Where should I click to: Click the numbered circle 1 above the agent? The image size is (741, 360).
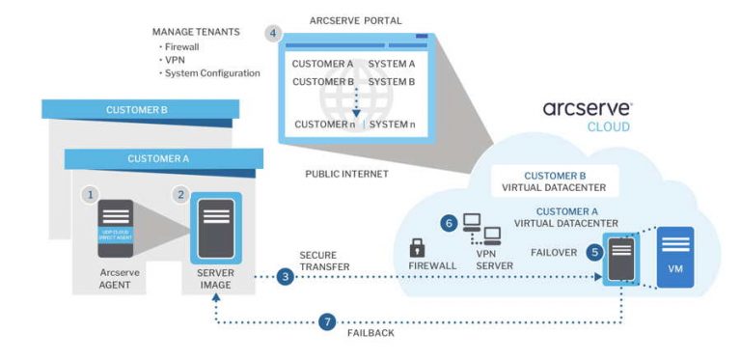point(91,194)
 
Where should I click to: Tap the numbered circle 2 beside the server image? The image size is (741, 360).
point(180,194)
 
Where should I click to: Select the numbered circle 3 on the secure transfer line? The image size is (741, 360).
point(285,277)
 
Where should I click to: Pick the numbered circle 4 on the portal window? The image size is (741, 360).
point(274,33)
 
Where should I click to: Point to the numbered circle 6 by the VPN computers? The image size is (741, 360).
point(448,222)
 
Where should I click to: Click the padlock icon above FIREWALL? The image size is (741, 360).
point(418,246)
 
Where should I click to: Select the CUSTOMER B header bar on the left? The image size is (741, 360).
point(136,110)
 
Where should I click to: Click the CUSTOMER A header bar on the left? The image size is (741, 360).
point(159,157)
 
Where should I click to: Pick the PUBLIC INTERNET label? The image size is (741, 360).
point(346,175)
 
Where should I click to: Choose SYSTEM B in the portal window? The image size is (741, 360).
point(392,81)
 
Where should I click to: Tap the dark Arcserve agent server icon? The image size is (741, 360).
point(116,228)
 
